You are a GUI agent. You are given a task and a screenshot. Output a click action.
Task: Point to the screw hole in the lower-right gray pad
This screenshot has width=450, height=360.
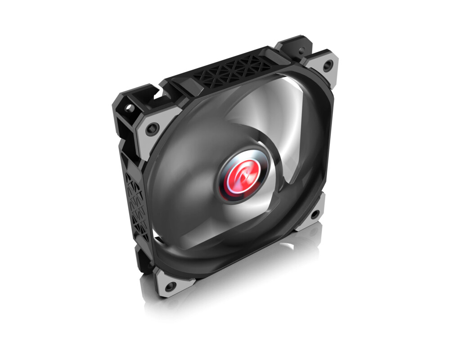coord(314,214)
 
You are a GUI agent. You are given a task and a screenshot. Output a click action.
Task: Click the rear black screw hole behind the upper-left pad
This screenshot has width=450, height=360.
coord(130,108)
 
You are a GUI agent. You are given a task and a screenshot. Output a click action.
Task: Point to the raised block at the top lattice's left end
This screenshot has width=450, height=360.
coord(177,85)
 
